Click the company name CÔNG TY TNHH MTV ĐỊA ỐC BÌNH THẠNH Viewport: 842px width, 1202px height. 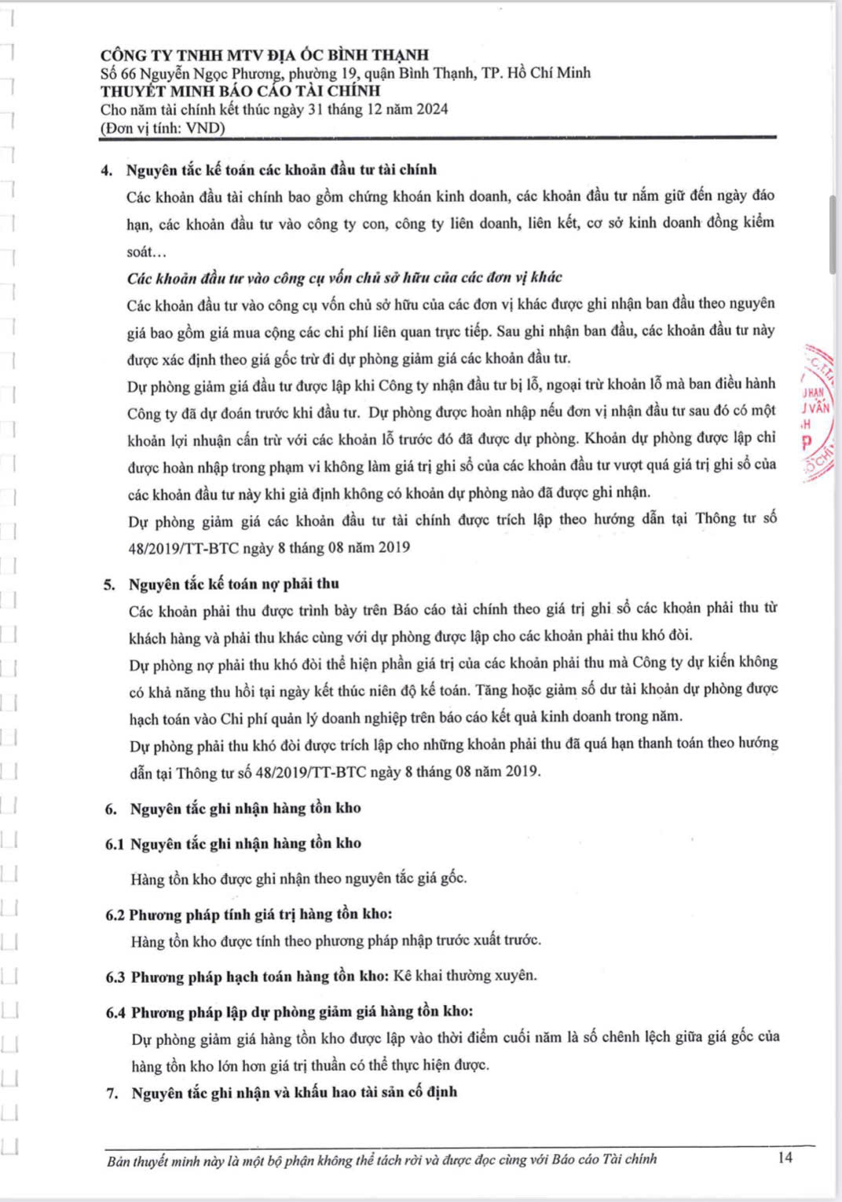point(265,55)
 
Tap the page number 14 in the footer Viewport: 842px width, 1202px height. point(785,1157)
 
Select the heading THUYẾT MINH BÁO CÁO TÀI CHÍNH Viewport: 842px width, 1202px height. point(240,91)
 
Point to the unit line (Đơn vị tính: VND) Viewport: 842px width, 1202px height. point(163,128)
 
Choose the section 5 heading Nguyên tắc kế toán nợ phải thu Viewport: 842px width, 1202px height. point(234,583)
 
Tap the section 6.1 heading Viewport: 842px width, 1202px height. point(233,843)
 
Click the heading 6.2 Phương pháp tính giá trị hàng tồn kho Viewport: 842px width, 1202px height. point(249,914)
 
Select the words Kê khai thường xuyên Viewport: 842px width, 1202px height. point(465,976)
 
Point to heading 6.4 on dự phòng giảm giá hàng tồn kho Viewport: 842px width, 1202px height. point(290,1012)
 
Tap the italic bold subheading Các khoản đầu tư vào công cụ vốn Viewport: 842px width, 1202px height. point(344,277)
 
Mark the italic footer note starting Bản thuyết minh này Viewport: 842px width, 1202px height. point(382,1159)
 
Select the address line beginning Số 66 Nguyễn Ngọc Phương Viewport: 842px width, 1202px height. point(346,73)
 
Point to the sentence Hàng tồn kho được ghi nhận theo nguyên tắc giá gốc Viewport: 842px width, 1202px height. point(298,879)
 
